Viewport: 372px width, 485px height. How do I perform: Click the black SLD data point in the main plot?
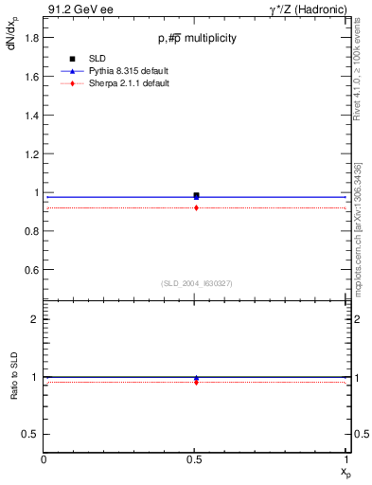(196, 195)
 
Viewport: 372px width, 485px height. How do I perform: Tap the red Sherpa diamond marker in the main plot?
(196, 207)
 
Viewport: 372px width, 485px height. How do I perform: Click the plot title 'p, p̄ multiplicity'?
(197, 38)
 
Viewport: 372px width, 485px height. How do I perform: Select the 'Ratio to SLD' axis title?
(14, 391)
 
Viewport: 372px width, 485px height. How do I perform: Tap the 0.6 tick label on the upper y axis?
(31, 270)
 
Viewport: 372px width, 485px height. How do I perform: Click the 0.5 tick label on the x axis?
(196, 460)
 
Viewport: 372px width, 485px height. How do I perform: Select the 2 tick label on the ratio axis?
(34, 319)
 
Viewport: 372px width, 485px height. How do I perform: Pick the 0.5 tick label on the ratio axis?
(31, 434)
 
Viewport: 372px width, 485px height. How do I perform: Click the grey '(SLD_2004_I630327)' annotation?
(196, 283)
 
